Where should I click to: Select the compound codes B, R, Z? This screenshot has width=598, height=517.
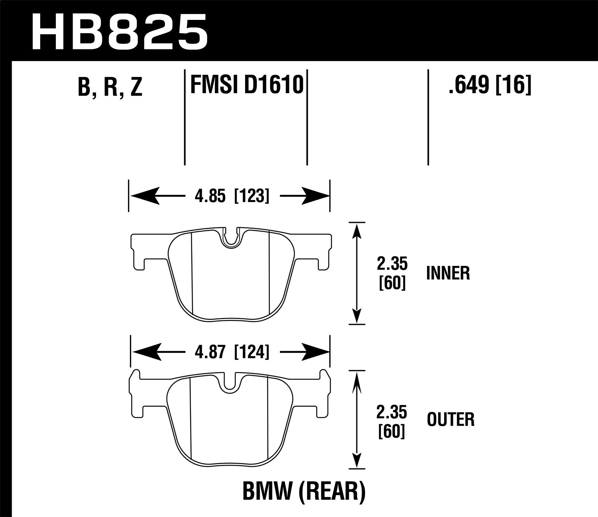[x=110, y=87]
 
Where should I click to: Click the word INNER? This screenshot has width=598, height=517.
[x=448, y=274]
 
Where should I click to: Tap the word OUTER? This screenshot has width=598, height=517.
[x=450, y=420]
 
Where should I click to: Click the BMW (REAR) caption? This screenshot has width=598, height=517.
[x=304, y=491]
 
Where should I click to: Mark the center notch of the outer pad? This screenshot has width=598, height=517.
[x=229, y=383]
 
